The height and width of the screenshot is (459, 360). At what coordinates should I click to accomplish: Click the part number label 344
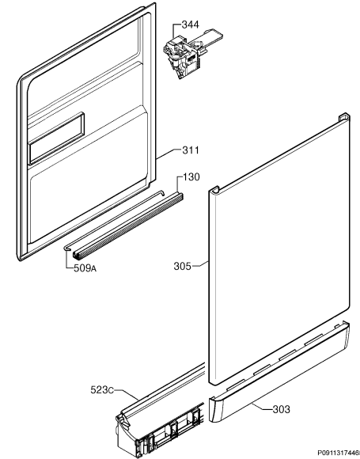[x=190, y=25]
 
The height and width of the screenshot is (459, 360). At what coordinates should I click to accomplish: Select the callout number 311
[x=191, y=150]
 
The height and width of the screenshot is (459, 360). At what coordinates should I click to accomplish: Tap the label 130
[x=191, y=176]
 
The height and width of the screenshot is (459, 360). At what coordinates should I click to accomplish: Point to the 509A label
[x=85, y=268]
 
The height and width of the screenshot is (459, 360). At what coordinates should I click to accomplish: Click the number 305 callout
[x=182, y=267]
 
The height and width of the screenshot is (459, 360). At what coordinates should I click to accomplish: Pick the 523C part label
[x=102, y=390]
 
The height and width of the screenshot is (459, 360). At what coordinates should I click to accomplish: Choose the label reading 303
[x=281, y=409]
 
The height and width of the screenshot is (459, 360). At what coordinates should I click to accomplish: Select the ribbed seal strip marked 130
[x=128, y=226]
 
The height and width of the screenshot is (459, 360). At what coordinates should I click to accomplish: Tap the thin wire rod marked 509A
[x=114, y=220]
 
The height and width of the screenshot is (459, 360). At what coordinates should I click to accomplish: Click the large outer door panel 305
[x=279, y=248]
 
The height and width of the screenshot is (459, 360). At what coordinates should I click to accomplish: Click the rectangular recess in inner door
[x=57, y=138]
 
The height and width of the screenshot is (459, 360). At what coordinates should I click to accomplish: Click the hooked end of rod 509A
[x=66, y=248]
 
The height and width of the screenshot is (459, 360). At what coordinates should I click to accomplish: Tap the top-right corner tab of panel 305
[x=344, y=116]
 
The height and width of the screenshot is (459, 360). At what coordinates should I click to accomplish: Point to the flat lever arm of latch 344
[x=211, y=37]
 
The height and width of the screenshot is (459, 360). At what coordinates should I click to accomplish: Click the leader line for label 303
[x=262, y=407]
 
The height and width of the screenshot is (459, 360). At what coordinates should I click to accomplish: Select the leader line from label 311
[x=169, y=154]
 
